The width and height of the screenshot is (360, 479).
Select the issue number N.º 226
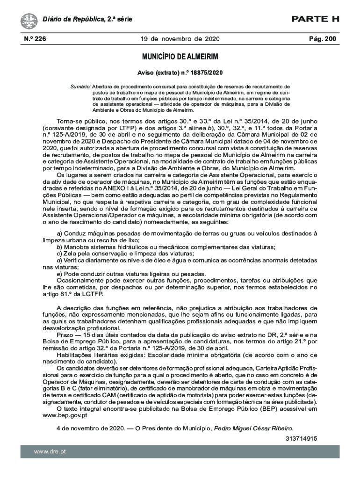[34, 39]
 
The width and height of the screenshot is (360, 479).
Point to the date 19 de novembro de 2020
[180, 39]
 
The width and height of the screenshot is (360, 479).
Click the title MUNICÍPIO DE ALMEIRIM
[180, 57]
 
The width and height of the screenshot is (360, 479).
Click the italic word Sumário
[80, 87]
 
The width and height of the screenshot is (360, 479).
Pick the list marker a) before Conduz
[59, 233]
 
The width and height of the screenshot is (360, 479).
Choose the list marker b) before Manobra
[59, 247]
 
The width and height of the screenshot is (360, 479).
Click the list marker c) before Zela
[59, 253]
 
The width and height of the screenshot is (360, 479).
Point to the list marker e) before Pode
[59, 274]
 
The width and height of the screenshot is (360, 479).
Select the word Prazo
[65, 335]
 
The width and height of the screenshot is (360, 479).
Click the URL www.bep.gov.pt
[65, 415]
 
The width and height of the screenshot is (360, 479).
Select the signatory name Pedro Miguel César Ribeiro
[253, 428]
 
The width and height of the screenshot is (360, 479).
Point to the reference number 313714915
[302, 439]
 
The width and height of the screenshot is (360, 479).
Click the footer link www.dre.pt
[50, 451]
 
